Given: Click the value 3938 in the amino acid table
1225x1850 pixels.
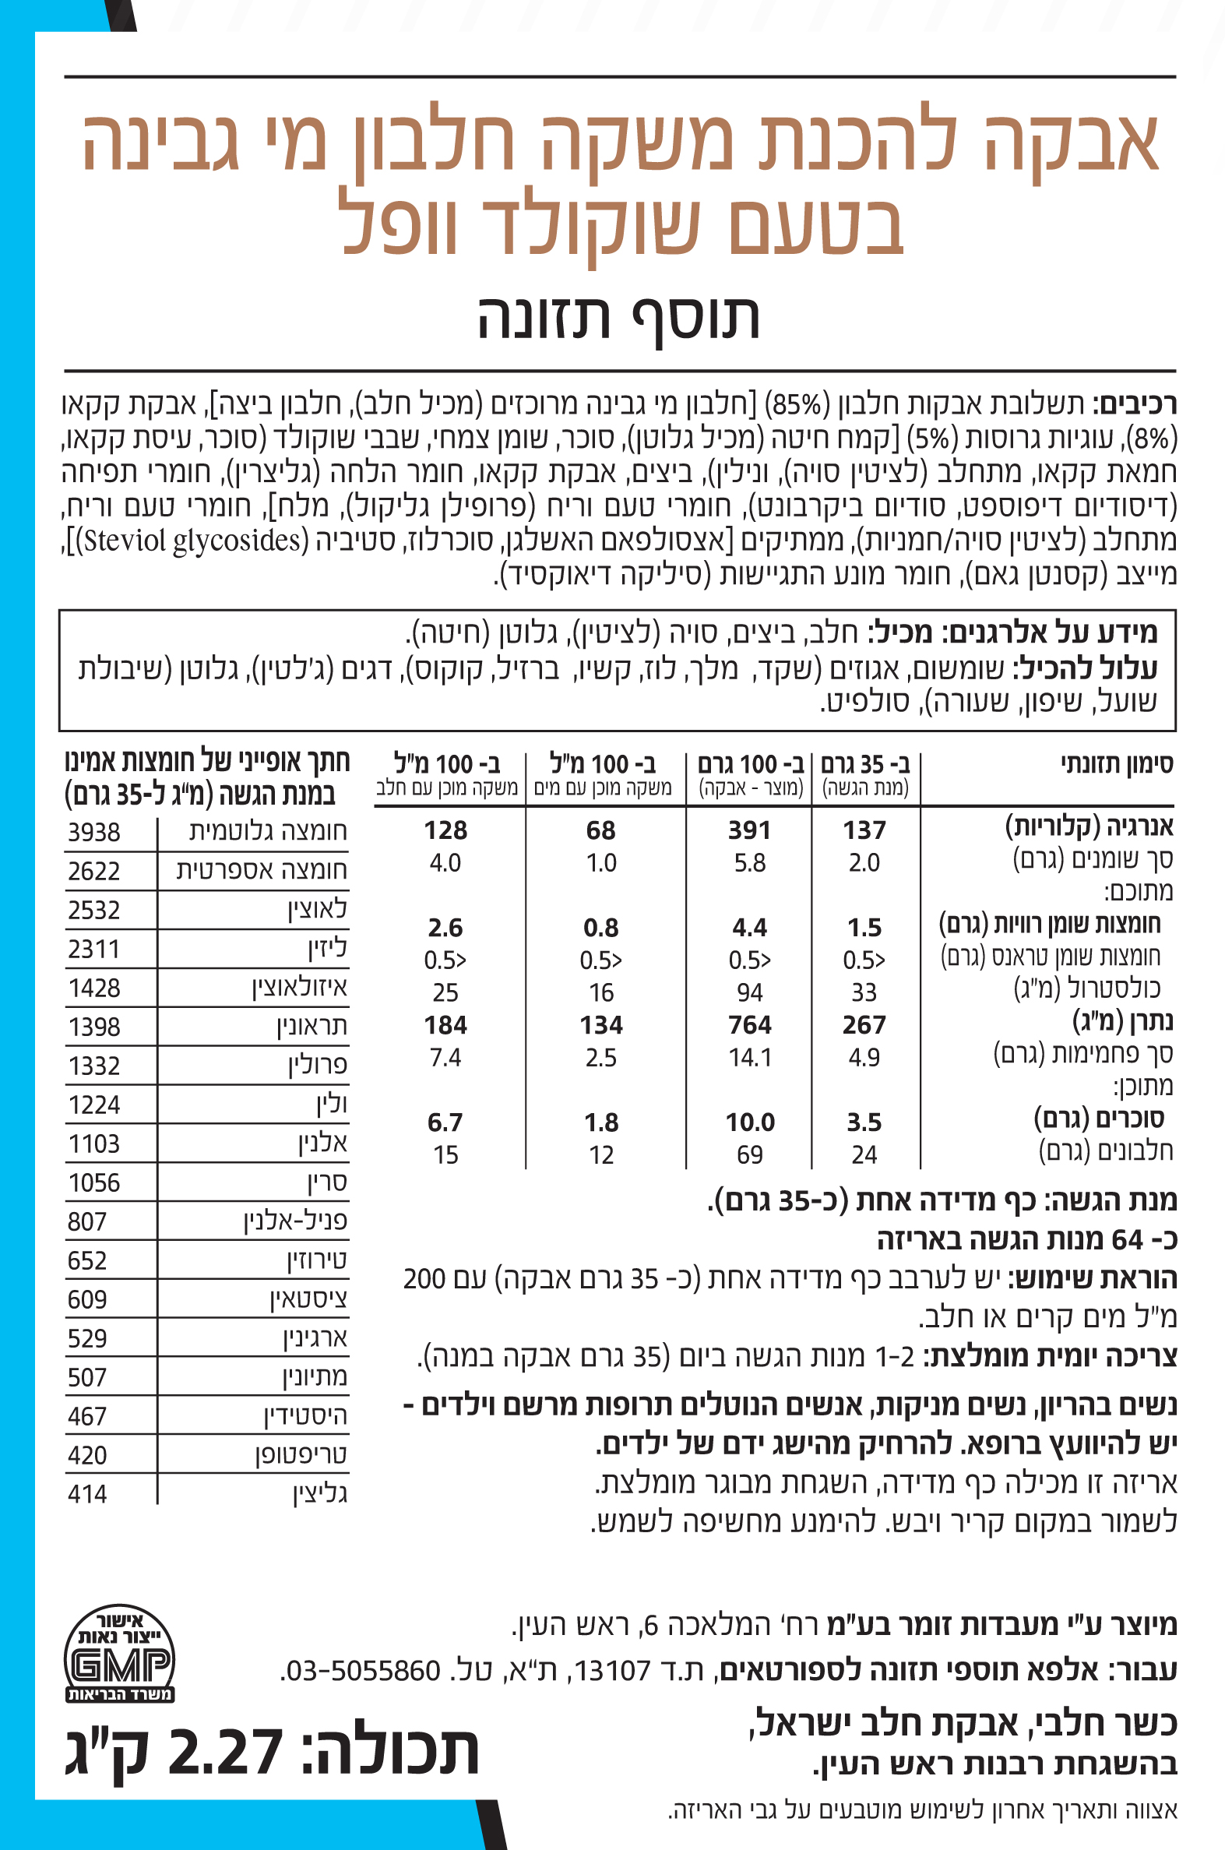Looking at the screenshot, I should click(93, 832).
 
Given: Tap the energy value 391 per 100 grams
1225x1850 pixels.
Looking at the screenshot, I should click(749, 830).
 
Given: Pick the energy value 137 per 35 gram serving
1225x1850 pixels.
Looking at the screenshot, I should click(864, 830).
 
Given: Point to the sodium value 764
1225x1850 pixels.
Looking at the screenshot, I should click(749, 1024).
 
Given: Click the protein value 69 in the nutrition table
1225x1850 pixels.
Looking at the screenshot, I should click(749, 1154).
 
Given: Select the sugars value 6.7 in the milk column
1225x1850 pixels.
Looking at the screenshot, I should click(445, 1122).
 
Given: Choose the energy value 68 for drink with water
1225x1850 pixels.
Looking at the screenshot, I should click(600, 830).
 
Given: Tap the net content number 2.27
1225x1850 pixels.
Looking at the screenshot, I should click(225, 1753).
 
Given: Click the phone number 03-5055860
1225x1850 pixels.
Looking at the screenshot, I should click(364, 1671).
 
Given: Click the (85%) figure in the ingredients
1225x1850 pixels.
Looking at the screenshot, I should click(796, 405).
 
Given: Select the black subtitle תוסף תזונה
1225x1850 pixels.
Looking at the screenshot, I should click(619, 318).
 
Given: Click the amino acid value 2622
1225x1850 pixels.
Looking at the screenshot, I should click(93, 871).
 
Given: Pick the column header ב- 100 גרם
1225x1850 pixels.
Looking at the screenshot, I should click(749, 763).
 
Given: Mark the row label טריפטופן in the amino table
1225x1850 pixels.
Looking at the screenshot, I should click(301, 1455).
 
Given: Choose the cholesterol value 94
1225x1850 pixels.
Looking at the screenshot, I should click(749, 992).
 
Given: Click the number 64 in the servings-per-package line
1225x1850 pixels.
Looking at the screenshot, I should click(1128, 1239).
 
